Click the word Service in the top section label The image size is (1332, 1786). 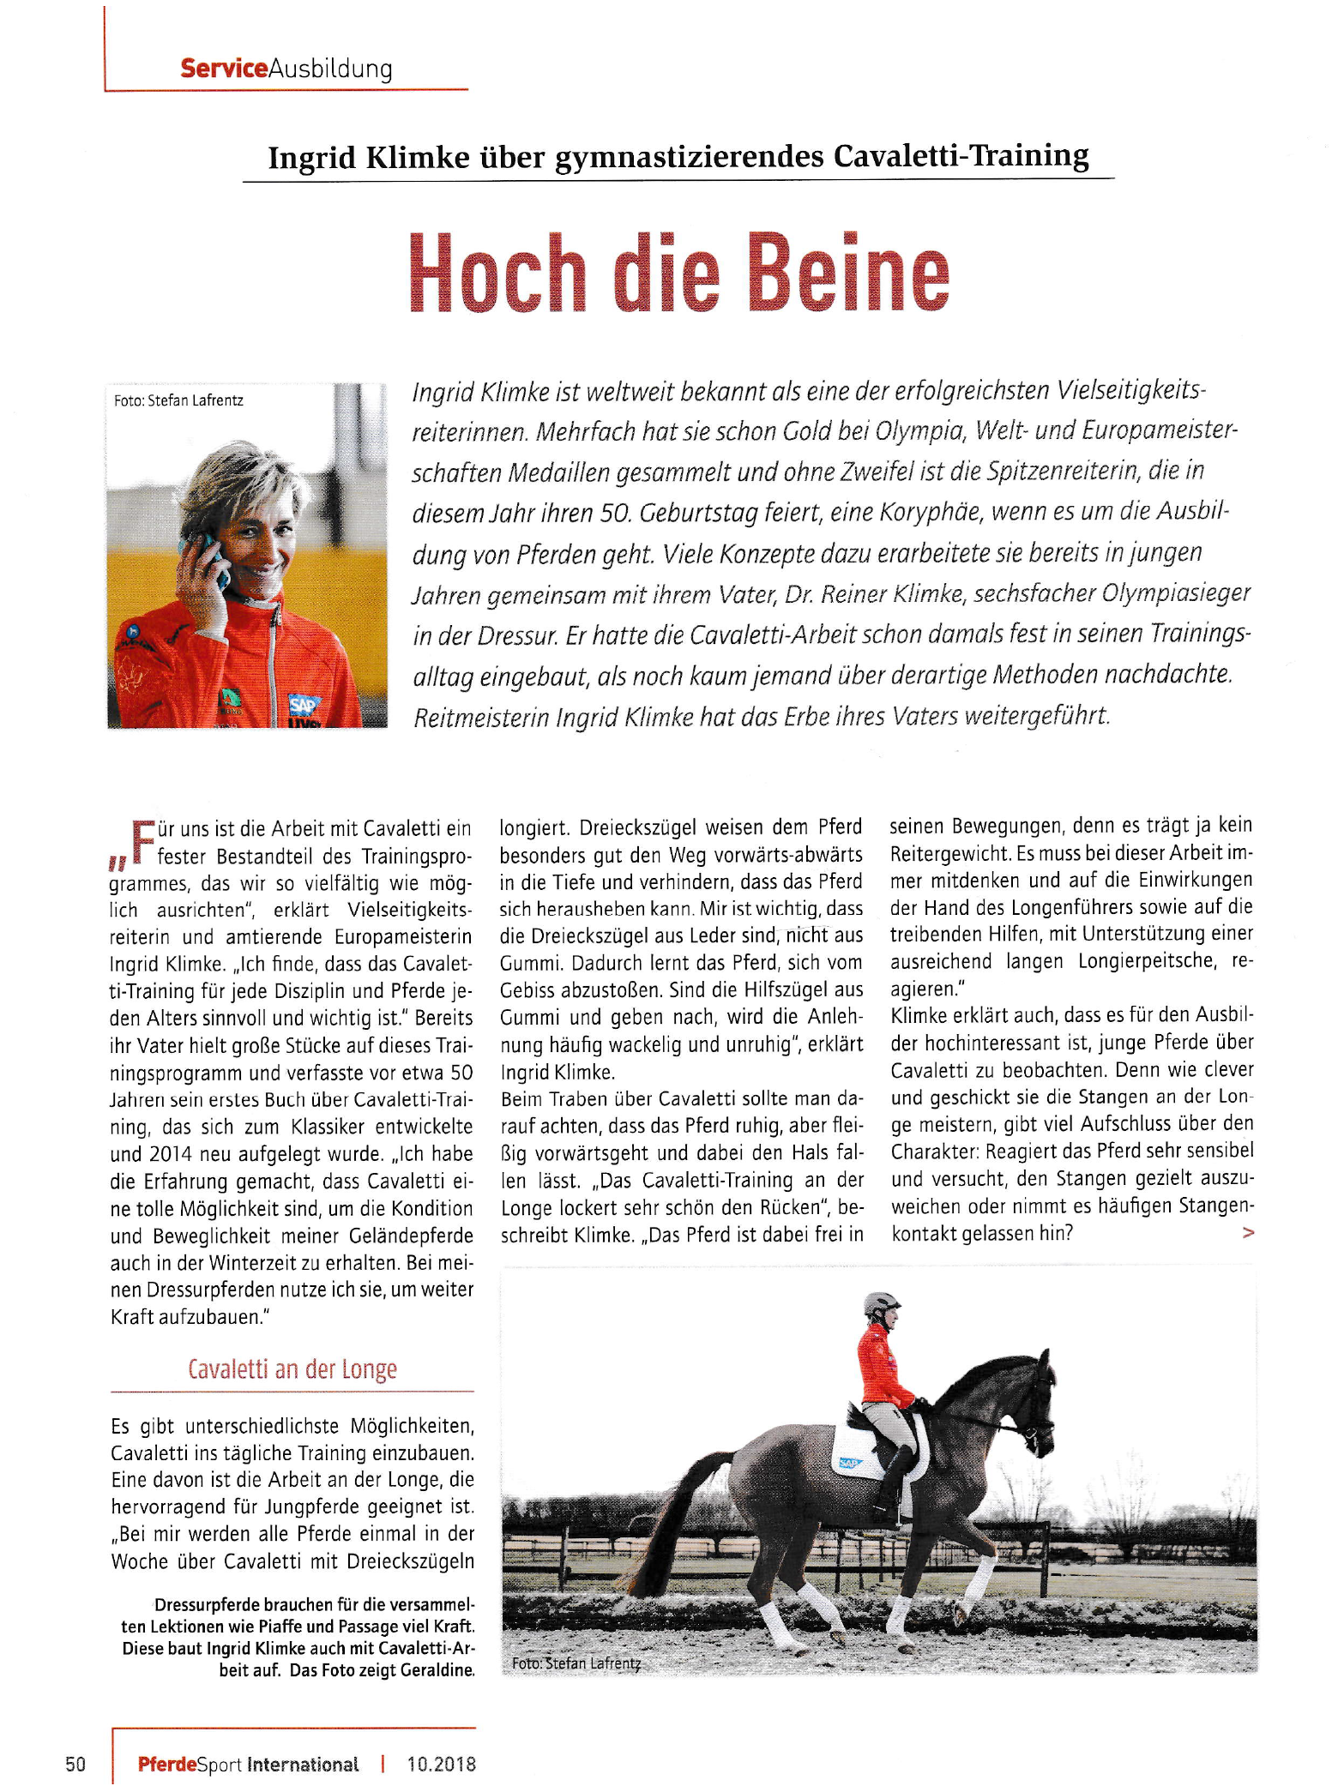224,69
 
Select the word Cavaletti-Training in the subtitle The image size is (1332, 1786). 961,156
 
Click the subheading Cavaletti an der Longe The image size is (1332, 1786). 292,1369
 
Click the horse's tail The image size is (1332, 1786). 678,1509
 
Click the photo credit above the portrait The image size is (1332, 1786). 178,400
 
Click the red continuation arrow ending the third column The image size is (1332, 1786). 1248,1233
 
